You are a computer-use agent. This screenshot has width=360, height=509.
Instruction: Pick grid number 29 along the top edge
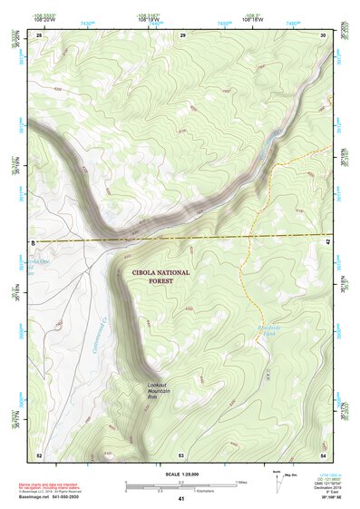[x=182, y=34]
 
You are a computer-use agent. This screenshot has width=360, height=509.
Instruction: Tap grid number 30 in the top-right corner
[x=324, y=34]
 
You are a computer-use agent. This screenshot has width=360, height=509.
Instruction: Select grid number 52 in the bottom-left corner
[x=39, y=454]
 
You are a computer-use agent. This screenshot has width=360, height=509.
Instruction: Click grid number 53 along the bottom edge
[x=181, y=454]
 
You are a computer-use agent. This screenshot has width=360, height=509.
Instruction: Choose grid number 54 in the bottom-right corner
[x=323, y=454]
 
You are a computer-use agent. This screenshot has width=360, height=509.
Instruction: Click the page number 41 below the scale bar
[x=181, y=499]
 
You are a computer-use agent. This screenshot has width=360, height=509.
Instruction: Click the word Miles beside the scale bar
[x=242, y=481]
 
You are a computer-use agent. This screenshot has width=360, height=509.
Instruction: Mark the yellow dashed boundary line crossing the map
[x=227, y=237]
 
